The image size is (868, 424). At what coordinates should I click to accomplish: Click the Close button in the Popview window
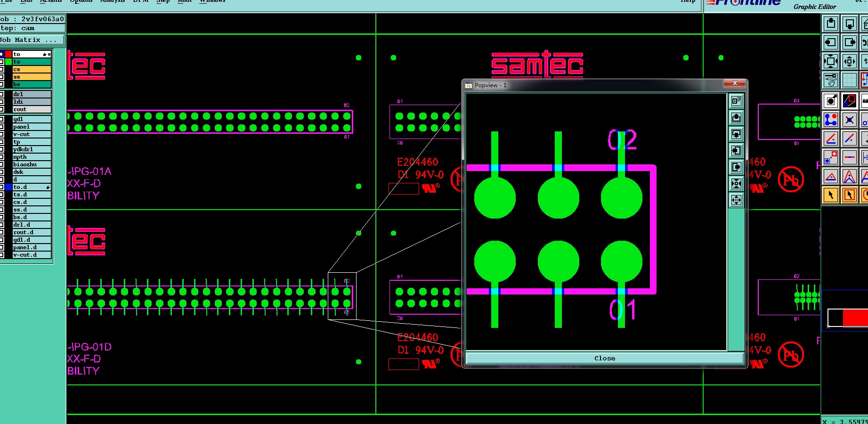pos(604,359)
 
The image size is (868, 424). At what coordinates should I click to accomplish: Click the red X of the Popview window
pos(734,83)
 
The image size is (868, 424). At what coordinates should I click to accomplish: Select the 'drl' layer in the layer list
pos(31,94)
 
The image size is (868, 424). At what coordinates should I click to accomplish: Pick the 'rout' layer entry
pos(31,109)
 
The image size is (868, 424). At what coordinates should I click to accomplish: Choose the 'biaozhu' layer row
pos(31,164)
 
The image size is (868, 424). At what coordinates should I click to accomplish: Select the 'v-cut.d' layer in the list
pos(31,255)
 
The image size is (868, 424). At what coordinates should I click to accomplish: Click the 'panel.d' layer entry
pos(31,247)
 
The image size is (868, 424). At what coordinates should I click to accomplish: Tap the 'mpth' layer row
pos(31,157)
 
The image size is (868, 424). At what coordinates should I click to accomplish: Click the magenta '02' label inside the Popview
pos(622,140)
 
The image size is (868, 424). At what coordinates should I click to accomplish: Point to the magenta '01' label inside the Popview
pos(622,310)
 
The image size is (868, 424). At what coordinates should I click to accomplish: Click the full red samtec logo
pos(537,65)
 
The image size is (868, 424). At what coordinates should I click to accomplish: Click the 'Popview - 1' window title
pos(490,85)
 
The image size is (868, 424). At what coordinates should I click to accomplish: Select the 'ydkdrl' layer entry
pos(31,149)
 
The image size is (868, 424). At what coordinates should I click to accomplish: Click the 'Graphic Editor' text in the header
pos(814,7)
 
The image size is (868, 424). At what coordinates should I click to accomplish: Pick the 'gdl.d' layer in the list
pos(31,240)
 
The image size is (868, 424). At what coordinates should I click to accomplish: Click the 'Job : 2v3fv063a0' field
pos(32,19)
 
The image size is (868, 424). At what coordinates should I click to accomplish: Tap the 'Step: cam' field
pos(32,28)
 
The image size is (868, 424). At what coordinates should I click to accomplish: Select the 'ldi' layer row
pos(31,102)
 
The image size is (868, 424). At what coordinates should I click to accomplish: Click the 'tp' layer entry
pos(31,142)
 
